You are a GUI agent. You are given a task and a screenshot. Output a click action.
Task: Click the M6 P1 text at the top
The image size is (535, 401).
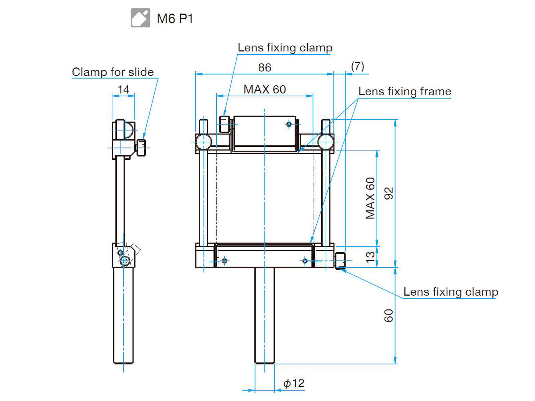point(175,18)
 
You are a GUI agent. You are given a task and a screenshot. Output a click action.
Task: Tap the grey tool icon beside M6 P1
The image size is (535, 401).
point(140,18)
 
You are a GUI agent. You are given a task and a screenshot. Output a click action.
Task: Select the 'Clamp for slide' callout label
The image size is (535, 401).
point(113,72)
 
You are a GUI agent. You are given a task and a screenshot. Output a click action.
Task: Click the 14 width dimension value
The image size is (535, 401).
point(123,90)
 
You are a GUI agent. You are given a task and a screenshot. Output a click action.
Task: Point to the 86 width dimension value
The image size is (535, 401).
point(264,68)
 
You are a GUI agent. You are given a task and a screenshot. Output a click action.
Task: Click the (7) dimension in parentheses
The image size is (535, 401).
point(357,66)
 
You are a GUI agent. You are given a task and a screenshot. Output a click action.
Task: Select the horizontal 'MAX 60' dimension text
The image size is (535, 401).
point(264,89)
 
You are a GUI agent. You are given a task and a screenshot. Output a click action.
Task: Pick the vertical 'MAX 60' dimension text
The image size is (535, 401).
point(370,198)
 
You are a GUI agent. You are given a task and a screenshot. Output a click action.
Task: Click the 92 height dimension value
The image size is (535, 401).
point(389,193)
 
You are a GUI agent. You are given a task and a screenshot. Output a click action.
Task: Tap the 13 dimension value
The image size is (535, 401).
point(370,257)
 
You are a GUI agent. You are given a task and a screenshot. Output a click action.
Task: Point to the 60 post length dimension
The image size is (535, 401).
point(389,315)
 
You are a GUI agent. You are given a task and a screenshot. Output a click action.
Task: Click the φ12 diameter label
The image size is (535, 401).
point(294,383)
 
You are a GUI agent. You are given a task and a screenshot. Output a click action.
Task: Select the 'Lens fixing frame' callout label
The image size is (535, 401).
point(405,91)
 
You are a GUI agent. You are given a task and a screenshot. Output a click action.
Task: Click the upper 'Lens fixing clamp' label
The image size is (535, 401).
point(285,47)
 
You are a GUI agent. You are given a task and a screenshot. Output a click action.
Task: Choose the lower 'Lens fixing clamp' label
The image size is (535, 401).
point(451,292)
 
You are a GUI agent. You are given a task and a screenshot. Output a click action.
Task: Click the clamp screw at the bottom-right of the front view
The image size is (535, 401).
point(340,261)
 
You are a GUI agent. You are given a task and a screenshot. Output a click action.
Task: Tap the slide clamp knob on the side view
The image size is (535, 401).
point(141,147)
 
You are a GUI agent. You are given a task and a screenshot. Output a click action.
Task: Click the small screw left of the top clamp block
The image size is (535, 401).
point(224,124)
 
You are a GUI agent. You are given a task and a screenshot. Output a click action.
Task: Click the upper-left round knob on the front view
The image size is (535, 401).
point(204,142)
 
